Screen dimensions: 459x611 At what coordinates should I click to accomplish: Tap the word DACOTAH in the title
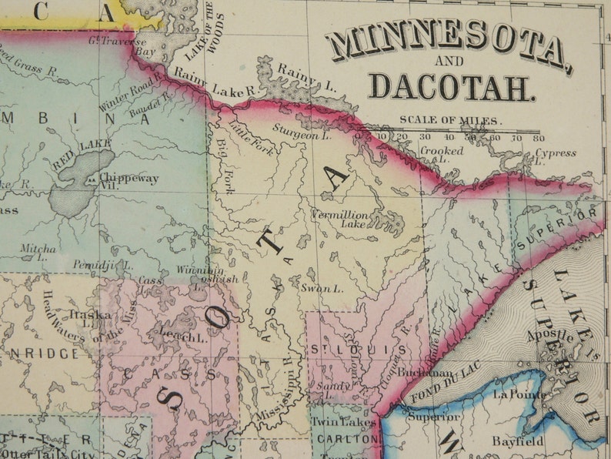point(450,87)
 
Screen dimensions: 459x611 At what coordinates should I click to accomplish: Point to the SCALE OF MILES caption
point(449,120)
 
